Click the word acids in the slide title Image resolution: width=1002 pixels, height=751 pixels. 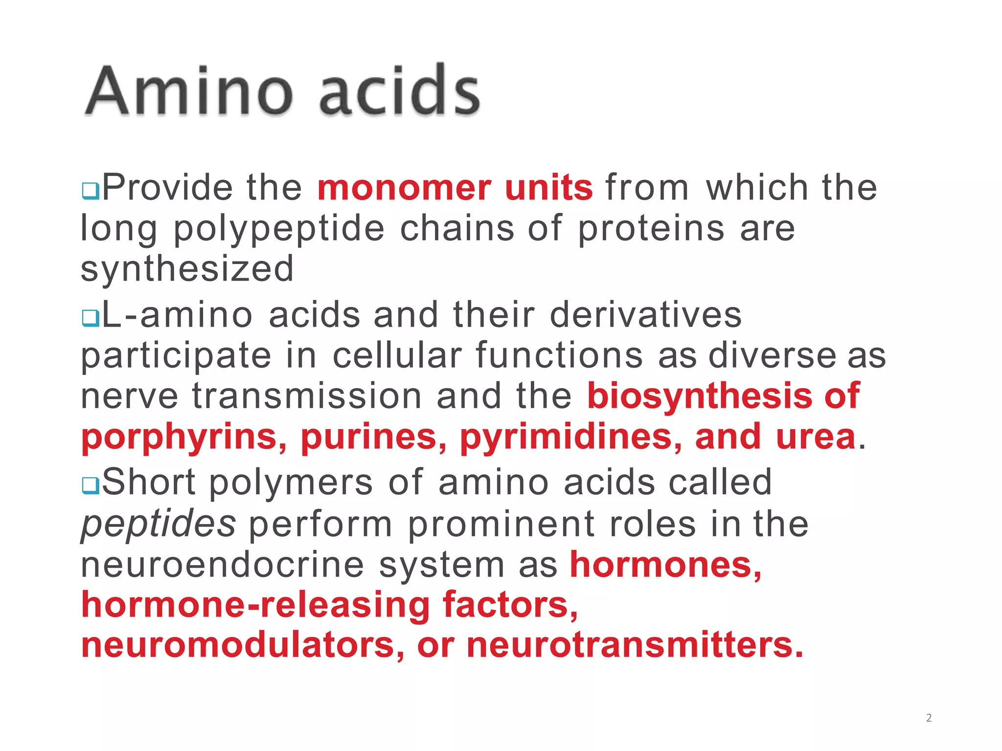pyautogui.click(x=399, y=91)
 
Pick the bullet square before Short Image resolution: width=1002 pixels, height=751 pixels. pyautogui.click(x=91, y=485)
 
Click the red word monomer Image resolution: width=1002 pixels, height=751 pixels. pyautogui.click(x=404, y=188)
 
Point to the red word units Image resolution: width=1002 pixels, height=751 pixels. pyautogui.click(x=548, y=188)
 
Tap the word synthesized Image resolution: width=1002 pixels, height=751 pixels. pyautogui.click(x=187, y=269)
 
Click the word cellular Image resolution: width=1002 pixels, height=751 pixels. pyautogui.click(x=397, y=355)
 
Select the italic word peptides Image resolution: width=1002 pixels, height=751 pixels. pyautogui.click(x=159, y=524)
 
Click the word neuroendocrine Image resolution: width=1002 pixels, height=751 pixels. pyautogui.click(x=223, y=565)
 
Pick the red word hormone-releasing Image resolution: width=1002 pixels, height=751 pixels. pyautogui.click(x=255, y=605)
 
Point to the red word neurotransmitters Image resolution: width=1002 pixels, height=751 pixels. pyautogui.click(x=635, y=645)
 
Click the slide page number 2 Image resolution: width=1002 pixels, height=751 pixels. pyautogui.click(x=929, y=718)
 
